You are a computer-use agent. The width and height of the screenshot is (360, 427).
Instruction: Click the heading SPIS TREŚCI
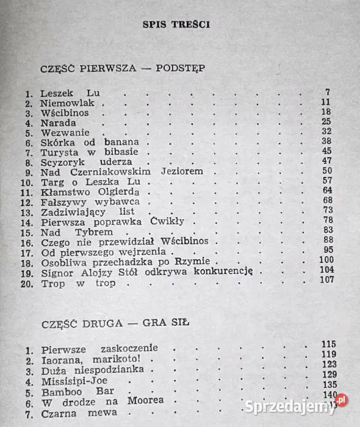pos(176,25)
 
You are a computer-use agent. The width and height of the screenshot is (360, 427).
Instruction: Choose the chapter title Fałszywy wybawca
pos(90,201)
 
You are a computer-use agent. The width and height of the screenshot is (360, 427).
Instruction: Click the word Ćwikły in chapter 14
pos(173,221)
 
